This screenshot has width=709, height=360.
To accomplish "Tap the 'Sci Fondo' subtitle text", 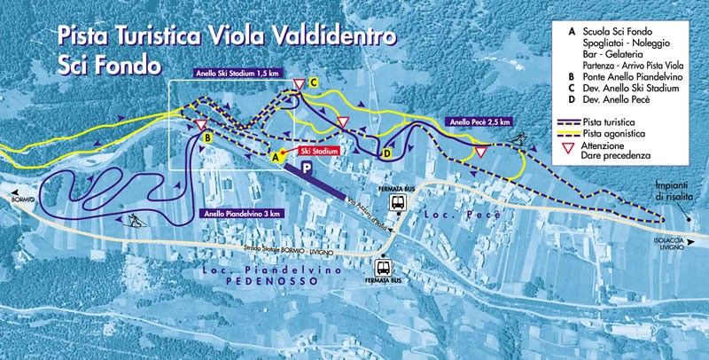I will coord(103,65).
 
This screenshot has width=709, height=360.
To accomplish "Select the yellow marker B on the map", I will coord(206,139).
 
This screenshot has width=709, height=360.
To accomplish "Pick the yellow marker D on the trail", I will coord(386,153).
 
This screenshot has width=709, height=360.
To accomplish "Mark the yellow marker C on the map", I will coord(314,82).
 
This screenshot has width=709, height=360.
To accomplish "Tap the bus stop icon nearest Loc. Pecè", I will coord(401,203).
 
